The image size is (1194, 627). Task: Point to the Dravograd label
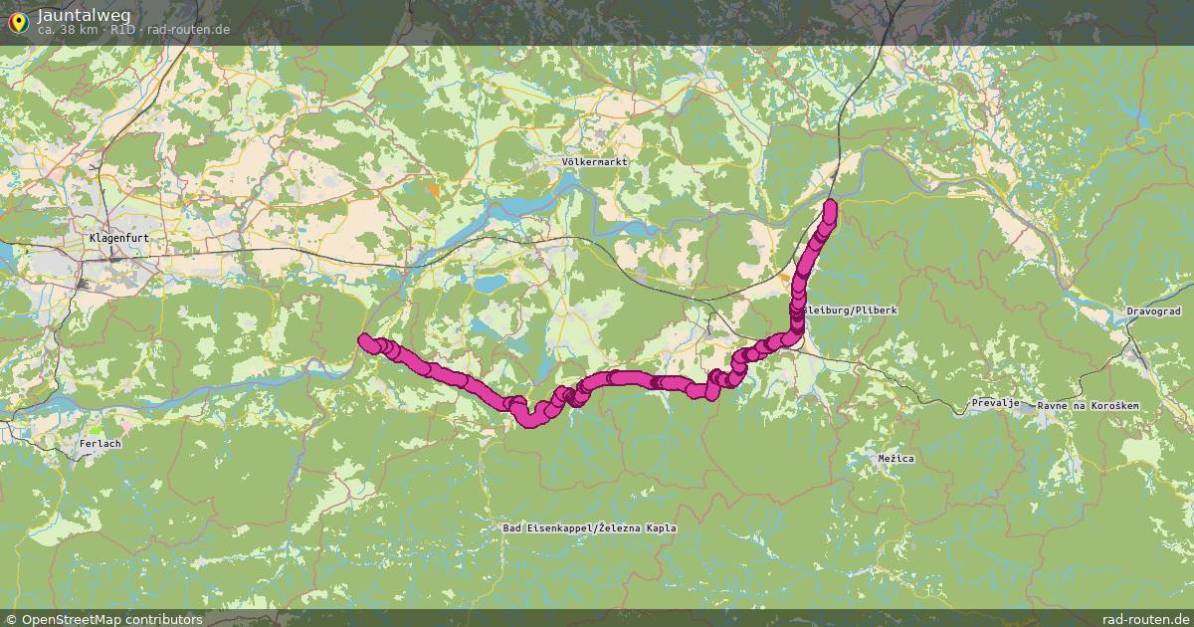pos(1152,312)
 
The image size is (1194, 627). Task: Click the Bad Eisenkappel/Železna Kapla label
pos(590,527)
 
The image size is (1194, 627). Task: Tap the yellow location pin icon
pos(17,21)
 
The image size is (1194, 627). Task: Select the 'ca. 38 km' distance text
pos(67,30)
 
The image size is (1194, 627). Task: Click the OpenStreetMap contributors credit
pos(111,619)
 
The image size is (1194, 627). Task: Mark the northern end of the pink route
pos(830,206)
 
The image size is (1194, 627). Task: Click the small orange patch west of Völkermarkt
pos(434,187)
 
